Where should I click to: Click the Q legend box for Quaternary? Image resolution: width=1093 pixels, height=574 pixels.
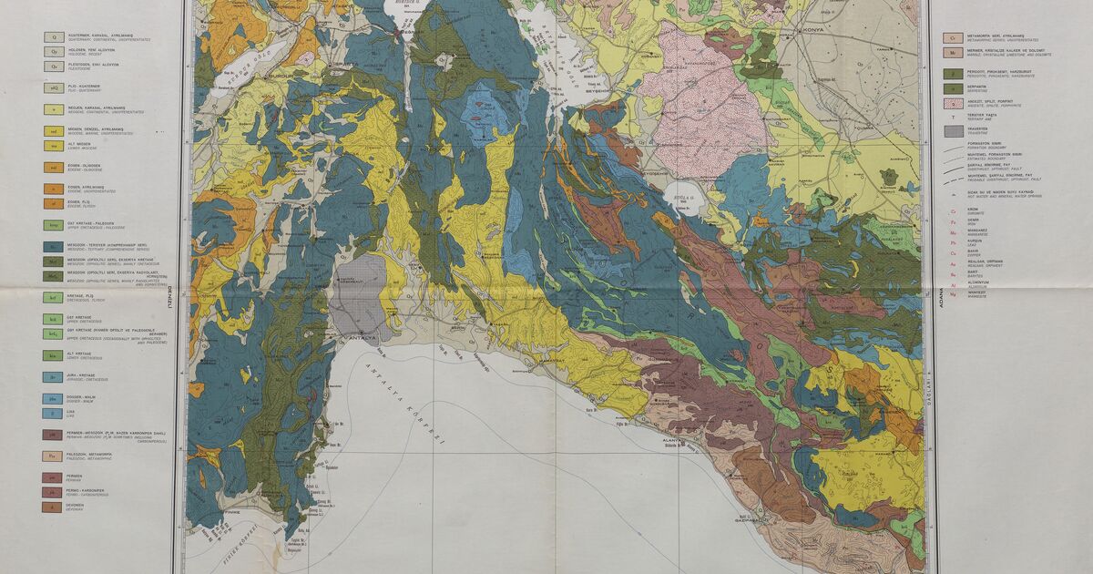coord(54,38)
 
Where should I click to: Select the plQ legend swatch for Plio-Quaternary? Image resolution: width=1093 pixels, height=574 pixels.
coord(54,87)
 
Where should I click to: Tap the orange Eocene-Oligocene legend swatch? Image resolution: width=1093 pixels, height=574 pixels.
coord(54,168)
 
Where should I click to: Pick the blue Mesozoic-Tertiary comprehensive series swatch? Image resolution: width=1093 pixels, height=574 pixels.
coord(54,247)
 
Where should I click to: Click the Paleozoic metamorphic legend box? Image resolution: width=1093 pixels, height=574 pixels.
coord(54,456)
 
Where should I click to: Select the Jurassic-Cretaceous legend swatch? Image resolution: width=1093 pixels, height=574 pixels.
coord(54,375)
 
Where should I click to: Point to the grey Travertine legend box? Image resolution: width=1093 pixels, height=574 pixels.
coord(952,130)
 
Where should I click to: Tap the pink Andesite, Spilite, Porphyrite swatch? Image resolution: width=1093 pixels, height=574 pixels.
coord(952,103)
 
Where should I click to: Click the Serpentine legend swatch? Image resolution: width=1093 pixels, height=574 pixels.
coord(952,87)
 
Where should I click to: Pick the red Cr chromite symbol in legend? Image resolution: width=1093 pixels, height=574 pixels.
coord(952,209)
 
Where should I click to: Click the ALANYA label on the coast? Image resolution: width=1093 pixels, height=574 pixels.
coord(674,438)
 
